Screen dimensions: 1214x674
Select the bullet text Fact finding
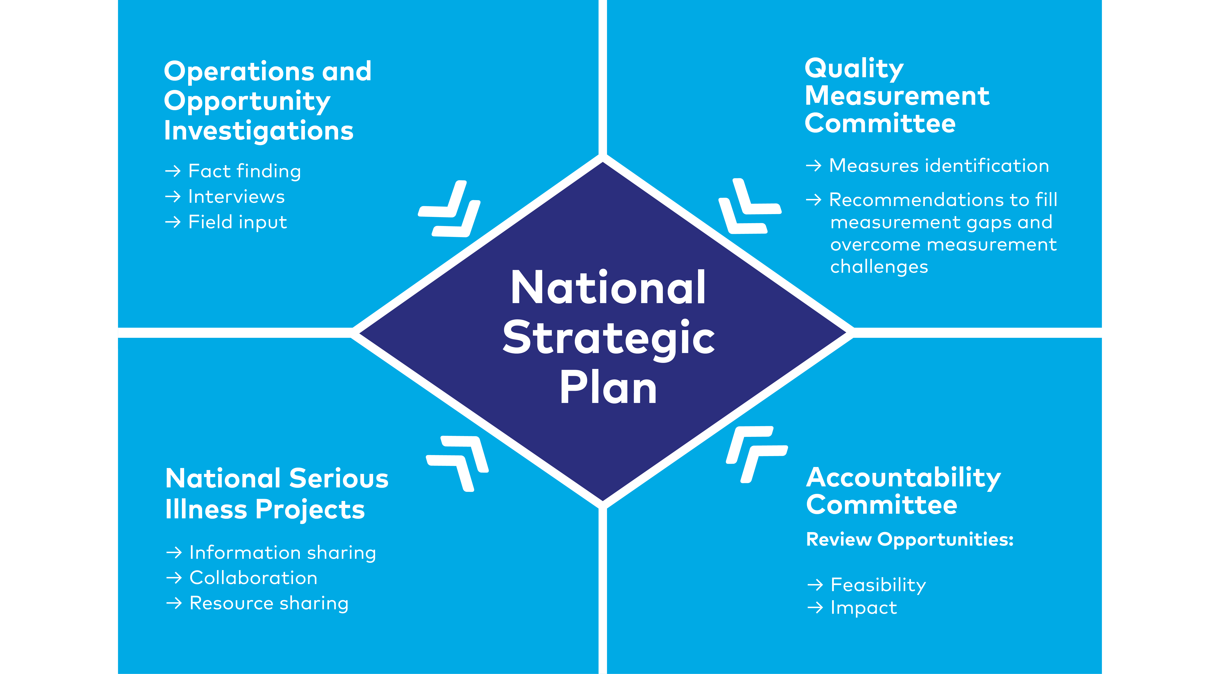[245, 171]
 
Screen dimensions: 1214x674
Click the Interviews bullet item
[237, 196]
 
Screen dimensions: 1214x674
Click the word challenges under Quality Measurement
[879, 267]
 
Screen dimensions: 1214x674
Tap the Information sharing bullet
[283, 553]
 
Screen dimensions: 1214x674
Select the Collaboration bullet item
[254, 578]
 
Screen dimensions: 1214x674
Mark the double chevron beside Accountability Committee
[756, 454]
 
